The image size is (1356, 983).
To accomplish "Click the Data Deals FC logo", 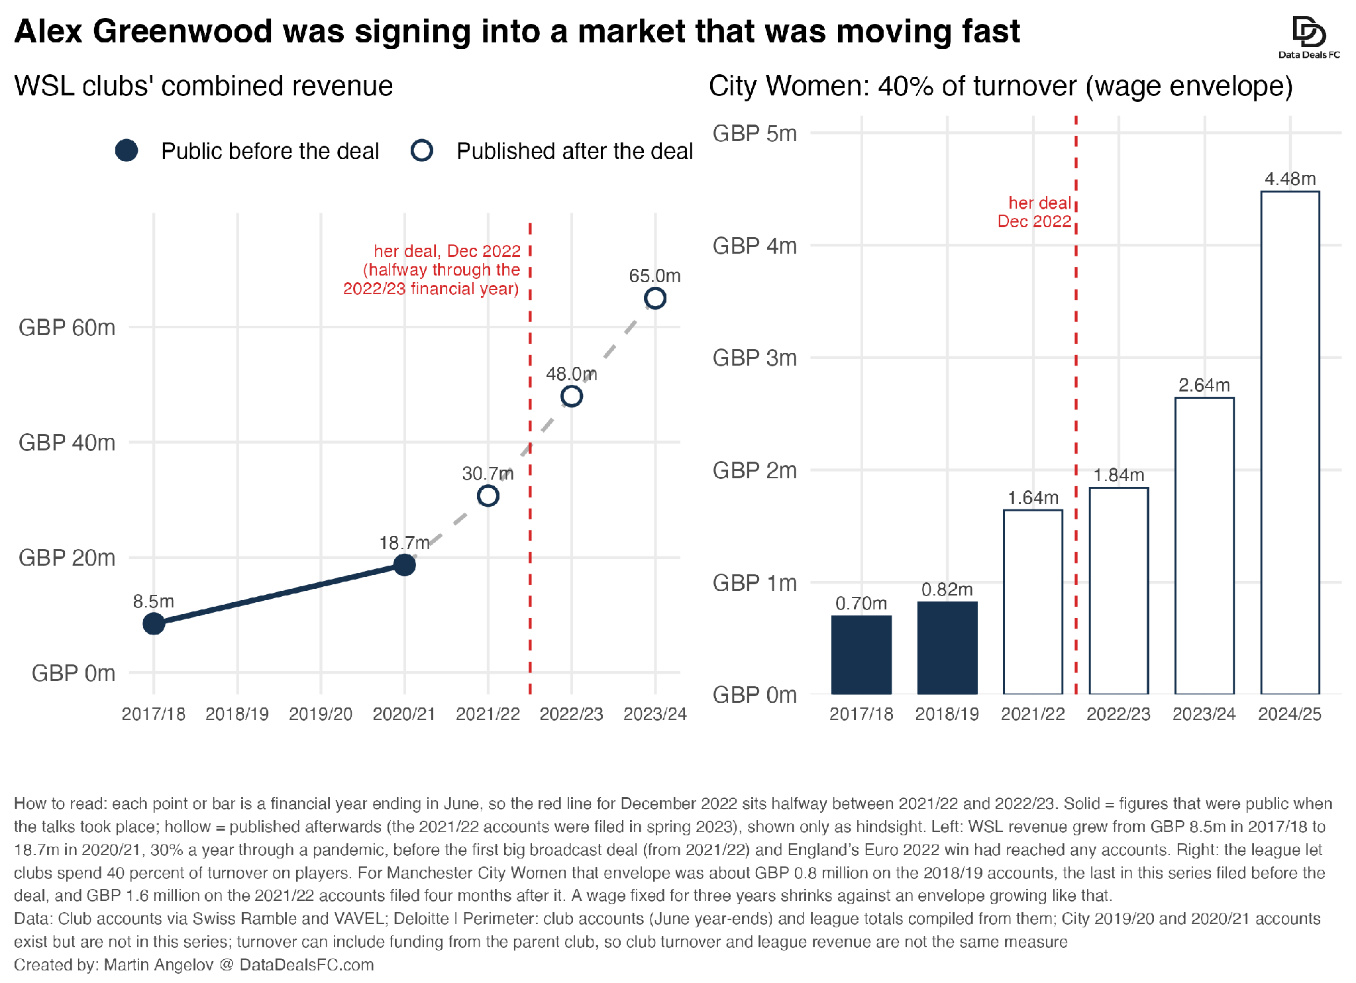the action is [x=1309, y=37].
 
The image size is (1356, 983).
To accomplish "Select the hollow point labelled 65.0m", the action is [x=655, y=289].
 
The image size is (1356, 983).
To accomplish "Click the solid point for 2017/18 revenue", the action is [x=154, y=623].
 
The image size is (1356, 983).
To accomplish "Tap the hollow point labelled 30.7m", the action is [x=488, y=487].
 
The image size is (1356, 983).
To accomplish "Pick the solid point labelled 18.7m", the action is [x=405, y=565].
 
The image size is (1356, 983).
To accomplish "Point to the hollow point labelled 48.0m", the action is [x=572, y=388].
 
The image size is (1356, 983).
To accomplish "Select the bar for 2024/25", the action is [x=1290, y=442].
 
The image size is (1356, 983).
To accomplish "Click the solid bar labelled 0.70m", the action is [x=861, y=655].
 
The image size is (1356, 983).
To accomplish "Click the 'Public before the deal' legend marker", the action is [x=127, y=150].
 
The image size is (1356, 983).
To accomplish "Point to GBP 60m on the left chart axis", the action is [x=67, y=327].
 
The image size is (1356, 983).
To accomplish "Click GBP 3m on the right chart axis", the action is [x=755, y=358].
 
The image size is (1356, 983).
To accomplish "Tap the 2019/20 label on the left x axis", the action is [x=321, y=714].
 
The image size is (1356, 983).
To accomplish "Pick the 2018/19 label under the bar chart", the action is [x=947, y=714].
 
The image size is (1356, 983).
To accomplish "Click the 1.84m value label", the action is [x=1119, y=475].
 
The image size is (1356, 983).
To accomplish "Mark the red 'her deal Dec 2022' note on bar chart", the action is [x=1035, y=212].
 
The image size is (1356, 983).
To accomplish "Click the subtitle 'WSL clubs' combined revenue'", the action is [x=204, y=86].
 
